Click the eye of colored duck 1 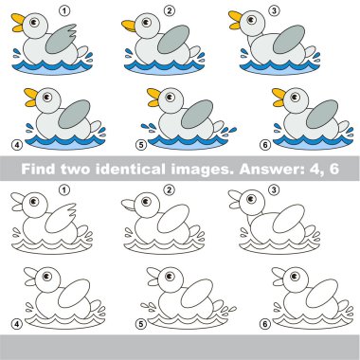click(34, 22)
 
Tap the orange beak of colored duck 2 click(129, 26)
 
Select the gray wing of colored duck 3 click(289, 39)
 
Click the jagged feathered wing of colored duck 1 click(61, 39)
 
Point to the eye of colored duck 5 click(170, 97)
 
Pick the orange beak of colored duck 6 click(279, 98)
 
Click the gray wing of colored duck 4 click(74, 114)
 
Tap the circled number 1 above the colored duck click(64, 11)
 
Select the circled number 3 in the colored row click(274, 10)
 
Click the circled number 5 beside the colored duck click(141, 145)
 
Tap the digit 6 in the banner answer click(333, 169)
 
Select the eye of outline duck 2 click(146, 201)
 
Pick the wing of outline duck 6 click(322, 294)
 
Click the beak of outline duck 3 click(235, 199)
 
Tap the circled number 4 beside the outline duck click(16, 324)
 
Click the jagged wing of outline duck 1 click(61, 218)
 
